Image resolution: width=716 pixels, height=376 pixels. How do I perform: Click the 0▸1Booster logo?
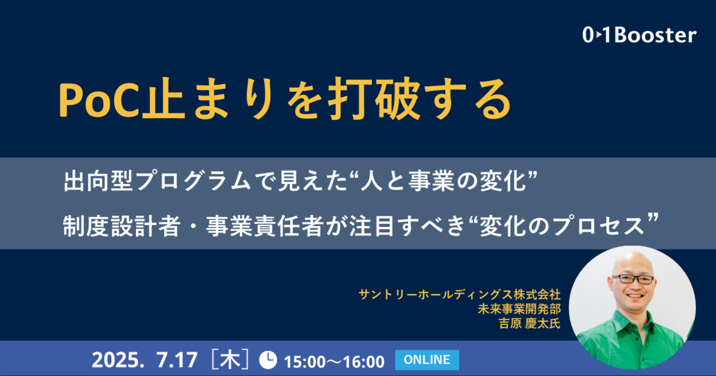(x=639, y=35)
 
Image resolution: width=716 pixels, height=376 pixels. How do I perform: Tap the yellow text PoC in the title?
(x=98, y=100)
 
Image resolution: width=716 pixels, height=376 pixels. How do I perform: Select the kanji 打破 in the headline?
(x=374, y=99)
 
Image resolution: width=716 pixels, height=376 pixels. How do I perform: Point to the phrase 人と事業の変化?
(x=443, y=181)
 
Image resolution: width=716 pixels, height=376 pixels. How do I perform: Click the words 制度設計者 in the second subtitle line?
(x=122, y=226)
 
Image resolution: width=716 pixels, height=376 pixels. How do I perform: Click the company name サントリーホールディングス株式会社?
(x=459, y=294)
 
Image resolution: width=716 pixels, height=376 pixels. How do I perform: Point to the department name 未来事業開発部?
(x=519, y=309)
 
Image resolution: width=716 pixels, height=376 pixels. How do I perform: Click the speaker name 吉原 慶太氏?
(x=530, y=323)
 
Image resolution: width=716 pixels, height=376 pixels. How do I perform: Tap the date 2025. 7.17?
(x=145, y=360)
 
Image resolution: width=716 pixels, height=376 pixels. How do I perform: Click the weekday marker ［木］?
(x=230, y=360)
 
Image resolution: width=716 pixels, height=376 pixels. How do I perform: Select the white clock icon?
(x=268, y=360)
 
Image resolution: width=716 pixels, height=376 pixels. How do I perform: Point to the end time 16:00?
(x=364, y=362)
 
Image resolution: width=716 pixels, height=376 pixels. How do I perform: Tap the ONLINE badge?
(x=427, y=360)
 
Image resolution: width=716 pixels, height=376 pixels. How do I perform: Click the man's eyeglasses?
(x=633, y=279)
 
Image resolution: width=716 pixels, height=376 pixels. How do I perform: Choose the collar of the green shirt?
(x=631, y=320)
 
